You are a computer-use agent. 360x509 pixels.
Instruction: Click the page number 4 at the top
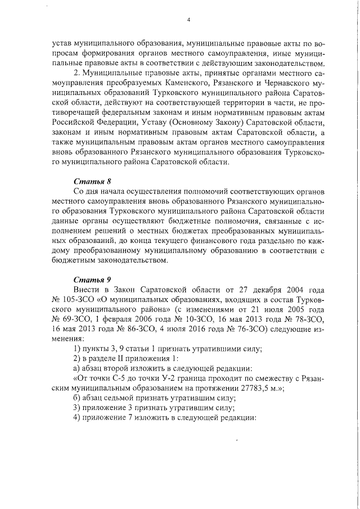click(x=188, y=20)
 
